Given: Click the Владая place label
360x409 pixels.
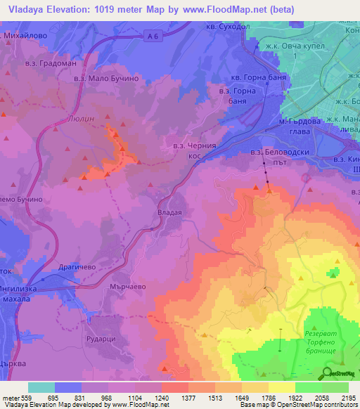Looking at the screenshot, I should coord(169,212).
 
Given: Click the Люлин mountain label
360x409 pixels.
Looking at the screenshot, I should coord(84,119).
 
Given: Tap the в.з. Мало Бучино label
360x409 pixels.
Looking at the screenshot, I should coord(103,79).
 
